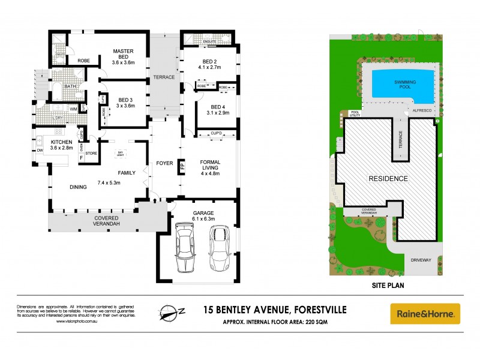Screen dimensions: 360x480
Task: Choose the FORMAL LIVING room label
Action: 209,164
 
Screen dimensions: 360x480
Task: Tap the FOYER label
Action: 164,163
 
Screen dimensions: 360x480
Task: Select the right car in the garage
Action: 220,248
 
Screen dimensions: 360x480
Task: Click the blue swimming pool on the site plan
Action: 401,84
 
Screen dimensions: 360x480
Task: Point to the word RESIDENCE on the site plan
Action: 388,179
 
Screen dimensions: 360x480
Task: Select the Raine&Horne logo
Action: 425,313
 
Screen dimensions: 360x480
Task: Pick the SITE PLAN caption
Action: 388,286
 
